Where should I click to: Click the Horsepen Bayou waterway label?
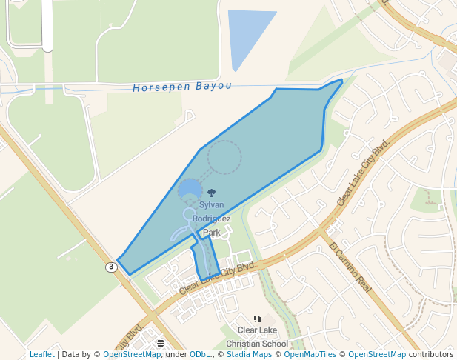click(182, 87)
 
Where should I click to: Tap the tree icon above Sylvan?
click(212, 193)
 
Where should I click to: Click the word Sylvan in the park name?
click(211, 204)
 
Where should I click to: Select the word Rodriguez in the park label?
click(211, 219)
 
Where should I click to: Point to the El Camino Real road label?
click(350, 265)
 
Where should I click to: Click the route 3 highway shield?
click(111, 267)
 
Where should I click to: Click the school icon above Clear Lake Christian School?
click(257, 319)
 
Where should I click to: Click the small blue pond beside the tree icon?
click(190, 189)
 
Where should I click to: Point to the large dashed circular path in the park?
click(224, 157)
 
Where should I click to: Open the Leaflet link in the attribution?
click(42, 355)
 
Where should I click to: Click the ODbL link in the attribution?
click(201, 355)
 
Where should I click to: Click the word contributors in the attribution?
click(430, 355)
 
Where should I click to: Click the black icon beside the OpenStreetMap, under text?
click(161, 343)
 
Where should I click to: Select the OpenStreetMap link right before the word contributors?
click(377, 355)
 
